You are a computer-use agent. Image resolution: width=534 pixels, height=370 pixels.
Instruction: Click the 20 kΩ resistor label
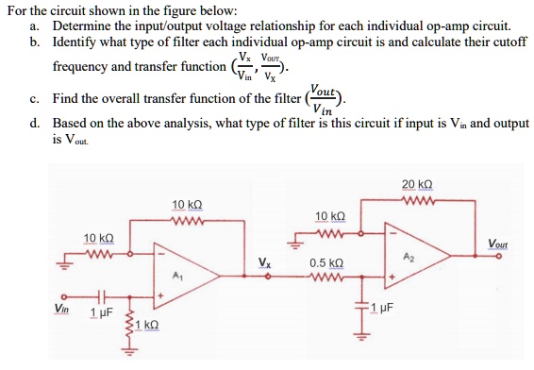tap(415, 184)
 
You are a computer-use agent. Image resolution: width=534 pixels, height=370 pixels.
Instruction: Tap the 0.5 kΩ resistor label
tap(325, 263)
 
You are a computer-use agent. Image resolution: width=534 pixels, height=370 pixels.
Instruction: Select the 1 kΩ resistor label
tap(146, 325)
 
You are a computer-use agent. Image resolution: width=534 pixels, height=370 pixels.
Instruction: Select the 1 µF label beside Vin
tap(101, 311)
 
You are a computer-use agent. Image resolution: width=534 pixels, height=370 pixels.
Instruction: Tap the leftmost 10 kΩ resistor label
tap(99, 237)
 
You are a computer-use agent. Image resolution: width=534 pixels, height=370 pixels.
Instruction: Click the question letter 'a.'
tap(34, 25)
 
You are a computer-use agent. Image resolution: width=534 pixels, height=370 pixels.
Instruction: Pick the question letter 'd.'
tap(34, 124)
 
